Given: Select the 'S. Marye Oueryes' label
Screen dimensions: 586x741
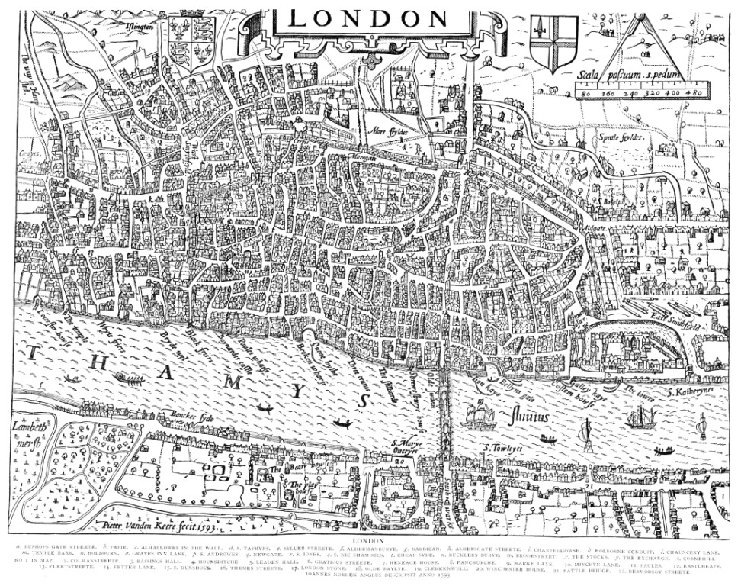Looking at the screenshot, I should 406,446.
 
